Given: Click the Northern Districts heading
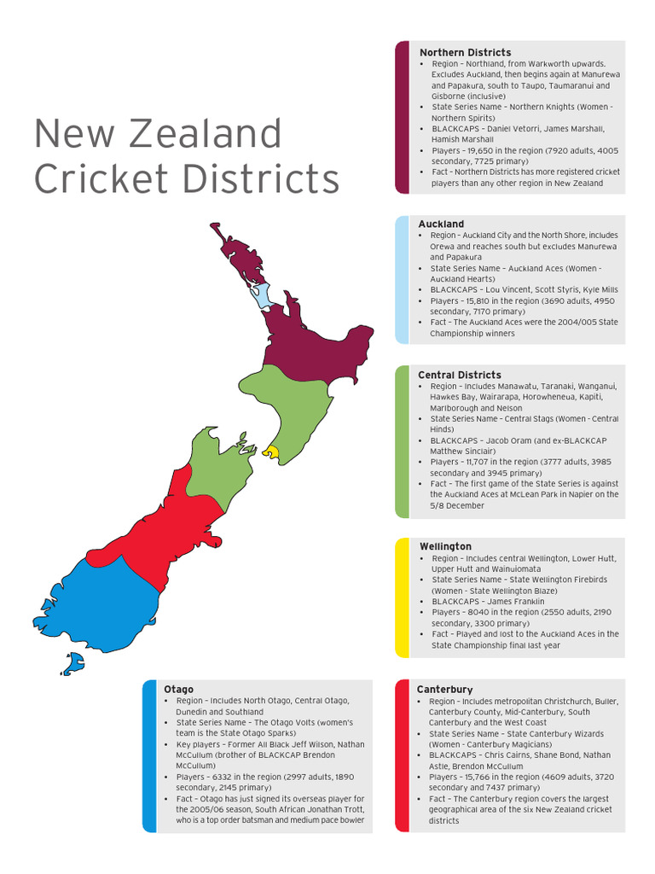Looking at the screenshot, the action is tap(465, 53).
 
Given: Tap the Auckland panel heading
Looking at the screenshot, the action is tap(441, 224).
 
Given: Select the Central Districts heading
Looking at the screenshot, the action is tap(459, 375).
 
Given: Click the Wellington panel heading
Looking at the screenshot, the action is tap(445, 546).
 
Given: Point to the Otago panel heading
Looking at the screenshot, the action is tap(178, 689).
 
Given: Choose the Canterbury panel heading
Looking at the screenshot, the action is tap(444, 689).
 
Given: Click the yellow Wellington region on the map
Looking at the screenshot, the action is tap(271, 451).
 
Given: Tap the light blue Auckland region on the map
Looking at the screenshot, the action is tap(260, 295).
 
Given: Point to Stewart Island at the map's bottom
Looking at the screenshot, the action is tap(73, 662).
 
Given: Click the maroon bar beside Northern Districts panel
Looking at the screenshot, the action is tap(402, 117).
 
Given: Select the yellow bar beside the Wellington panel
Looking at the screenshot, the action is tap(402, 597).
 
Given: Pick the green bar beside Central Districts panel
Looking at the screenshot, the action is tap(402, 441).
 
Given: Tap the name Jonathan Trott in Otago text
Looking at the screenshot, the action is tap(335, 809).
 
